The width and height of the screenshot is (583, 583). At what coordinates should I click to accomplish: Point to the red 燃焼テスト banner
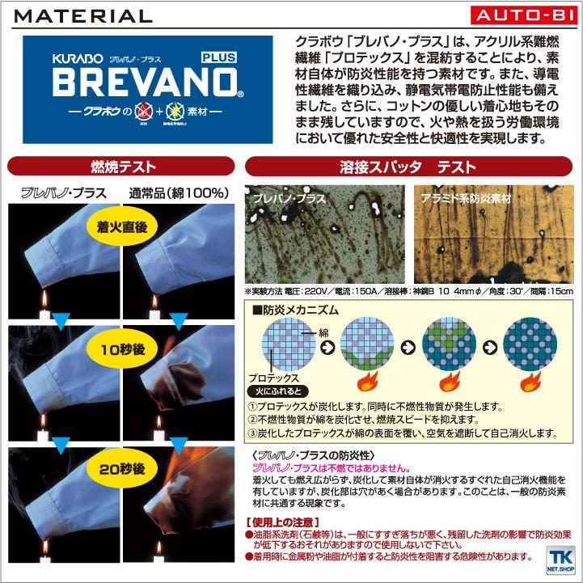point(121,167)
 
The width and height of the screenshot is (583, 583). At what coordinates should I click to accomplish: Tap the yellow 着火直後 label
point(121,228)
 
